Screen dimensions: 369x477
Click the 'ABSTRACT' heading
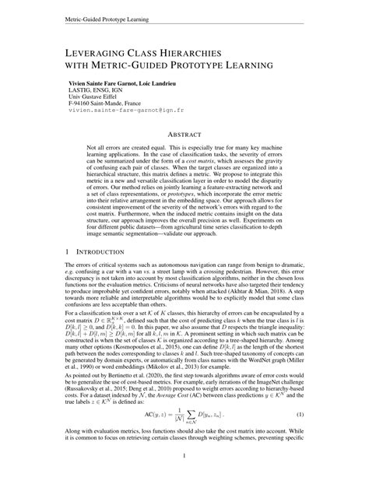tap(184, 135)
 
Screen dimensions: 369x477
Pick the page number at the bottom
tap(184, 458)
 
